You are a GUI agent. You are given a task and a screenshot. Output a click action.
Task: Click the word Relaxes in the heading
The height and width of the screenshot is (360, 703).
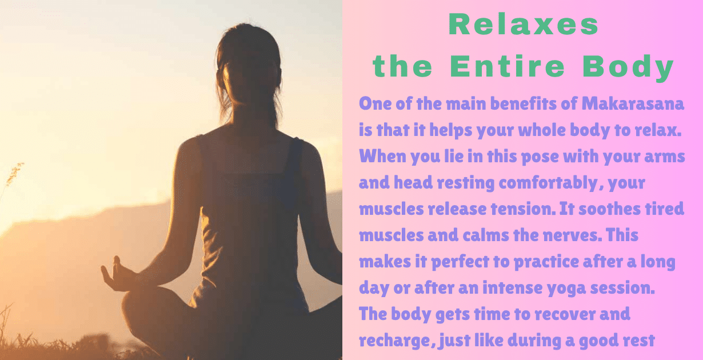[x=524, y=25]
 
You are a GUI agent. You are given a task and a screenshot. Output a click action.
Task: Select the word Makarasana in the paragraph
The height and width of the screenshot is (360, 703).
[x=633, y=105]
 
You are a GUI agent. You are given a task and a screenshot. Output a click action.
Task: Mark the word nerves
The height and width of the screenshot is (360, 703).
[x=567, y=235]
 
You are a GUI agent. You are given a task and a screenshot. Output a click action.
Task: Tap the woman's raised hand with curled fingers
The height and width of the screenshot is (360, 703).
[x=115, y=274]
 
